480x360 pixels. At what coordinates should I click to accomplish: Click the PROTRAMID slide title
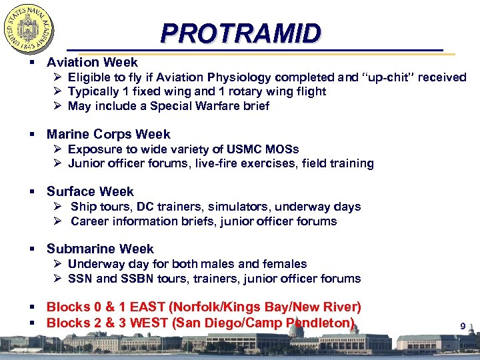[x=241, y=33]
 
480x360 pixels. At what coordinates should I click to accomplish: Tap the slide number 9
[x=463, y=326]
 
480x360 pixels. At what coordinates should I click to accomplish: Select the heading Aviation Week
[x=92, y=62]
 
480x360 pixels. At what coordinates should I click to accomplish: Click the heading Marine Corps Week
[x=108, y=134]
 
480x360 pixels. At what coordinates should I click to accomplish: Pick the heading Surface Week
[x=90, y=191]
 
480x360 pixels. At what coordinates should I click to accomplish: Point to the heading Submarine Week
[x=100, y=249]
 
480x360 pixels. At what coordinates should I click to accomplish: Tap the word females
[x=283, y=264]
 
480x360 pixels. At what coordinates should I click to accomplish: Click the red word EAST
[x=151, y=307]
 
